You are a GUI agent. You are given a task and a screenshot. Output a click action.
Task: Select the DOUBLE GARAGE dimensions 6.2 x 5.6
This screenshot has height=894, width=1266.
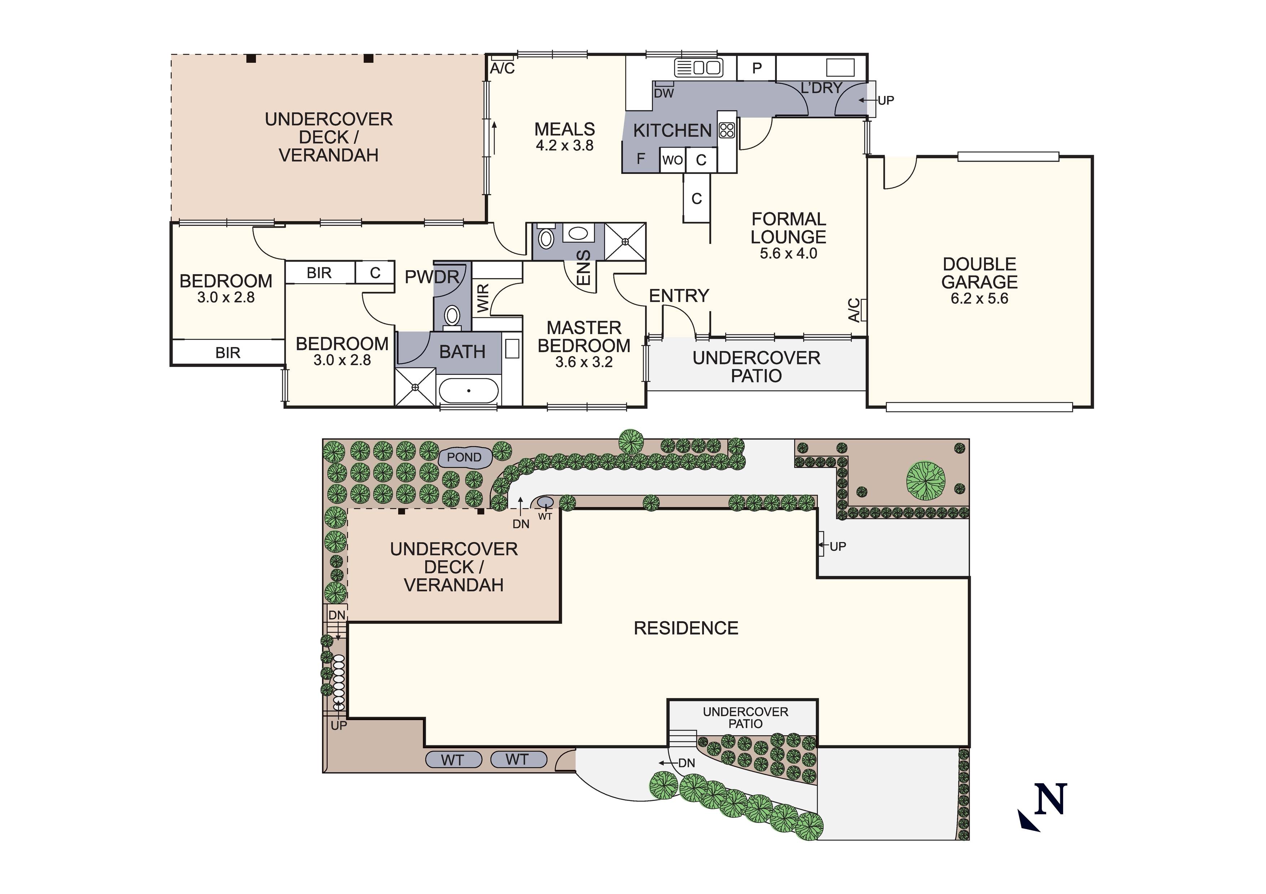coord(979,299)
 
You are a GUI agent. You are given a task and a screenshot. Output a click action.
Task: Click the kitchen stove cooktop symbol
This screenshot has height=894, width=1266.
coord(727,130)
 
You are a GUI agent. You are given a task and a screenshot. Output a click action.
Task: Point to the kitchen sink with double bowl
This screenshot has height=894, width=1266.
coord(699,68)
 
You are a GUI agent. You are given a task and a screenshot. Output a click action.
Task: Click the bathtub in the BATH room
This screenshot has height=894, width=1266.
coord(469,391)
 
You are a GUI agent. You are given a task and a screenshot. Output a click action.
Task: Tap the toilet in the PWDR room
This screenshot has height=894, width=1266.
coord(452,316)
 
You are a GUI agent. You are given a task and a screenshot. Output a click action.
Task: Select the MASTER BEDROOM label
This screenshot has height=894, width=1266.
coord(584,337)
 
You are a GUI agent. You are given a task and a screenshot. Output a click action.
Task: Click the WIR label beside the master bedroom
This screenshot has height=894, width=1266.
coord(483,298)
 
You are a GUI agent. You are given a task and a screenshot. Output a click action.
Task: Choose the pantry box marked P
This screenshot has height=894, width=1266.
coord(757,68)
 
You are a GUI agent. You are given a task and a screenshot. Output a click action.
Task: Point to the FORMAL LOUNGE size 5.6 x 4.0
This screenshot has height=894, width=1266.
coord(788,254)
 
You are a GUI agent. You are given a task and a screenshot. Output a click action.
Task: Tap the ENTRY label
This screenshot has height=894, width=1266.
coord(679,296)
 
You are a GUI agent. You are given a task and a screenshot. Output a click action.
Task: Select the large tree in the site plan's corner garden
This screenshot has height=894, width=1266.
coord(925,481)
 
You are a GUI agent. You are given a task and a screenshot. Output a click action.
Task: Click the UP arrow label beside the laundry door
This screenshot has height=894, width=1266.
coord(886,100)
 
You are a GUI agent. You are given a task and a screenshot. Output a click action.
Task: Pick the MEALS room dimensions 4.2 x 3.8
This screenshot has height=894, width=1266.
coord(565,145)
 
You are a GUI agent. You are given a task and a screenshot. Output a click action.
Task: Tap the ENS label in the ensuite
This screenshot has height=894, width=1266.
coord(583,268)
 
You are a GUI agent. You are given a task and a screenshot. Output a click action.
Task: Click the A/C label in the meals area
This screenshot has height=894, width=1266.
coord(502,68)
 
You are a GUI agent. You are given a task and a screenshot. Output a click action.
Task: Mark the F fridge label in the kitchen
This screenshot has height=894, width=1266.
coord(641,159)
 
